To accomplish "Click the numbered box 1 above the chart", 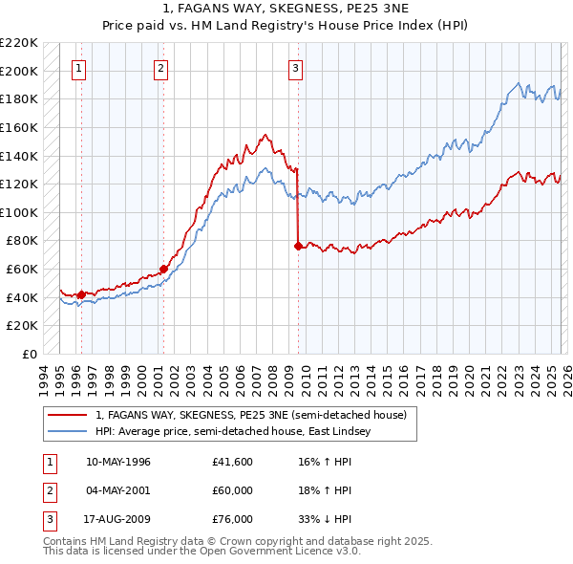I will point(78,68).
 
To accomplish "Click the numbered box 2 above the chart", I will point(160,68).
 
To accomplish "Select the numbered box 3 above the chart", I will point(296,68).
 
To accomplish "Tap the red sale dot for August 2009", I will point(298,246).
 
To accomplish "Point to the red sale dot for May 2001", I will point(163,269).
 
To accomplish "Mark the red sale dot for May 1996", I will point(81,294).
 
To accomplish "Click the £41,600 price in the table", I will point(234,462).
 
